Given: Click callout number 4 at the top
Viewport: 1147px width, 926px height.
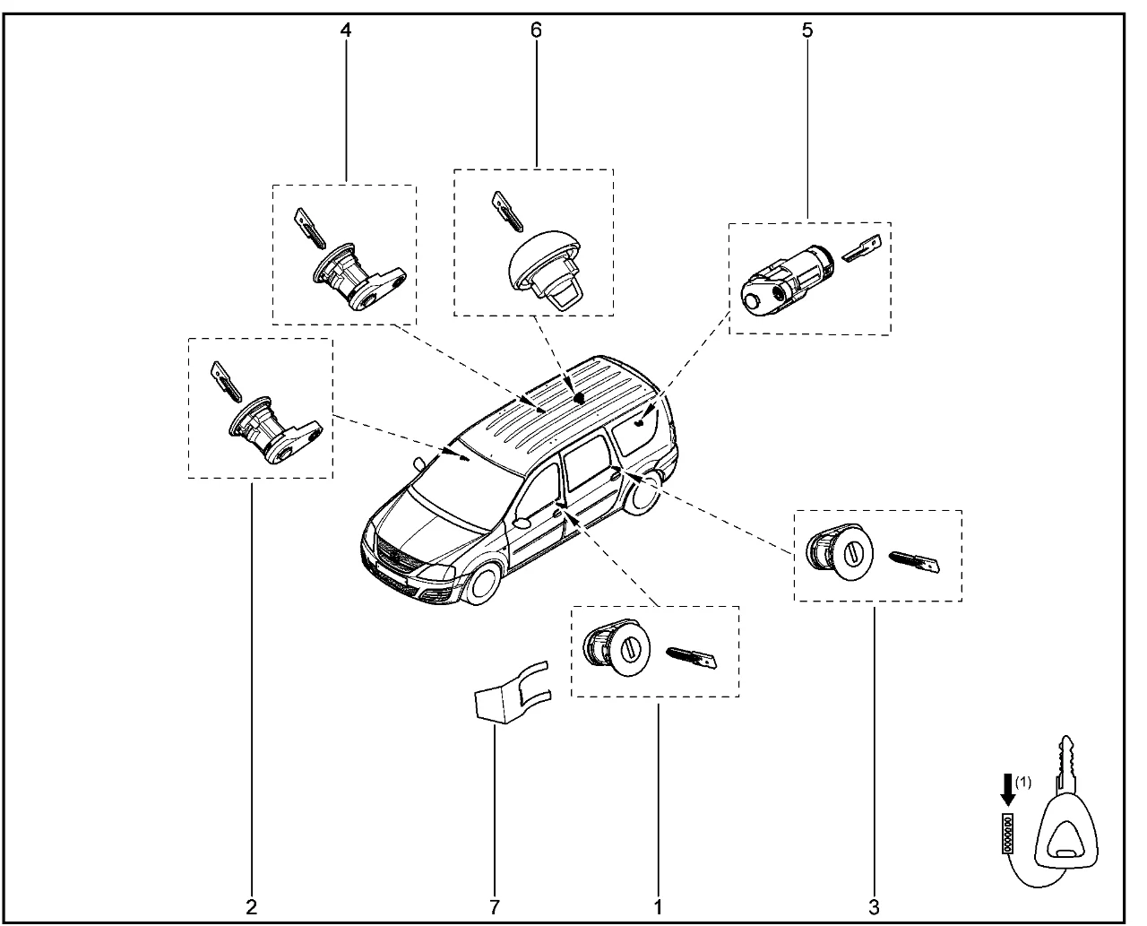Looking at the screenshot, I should click(346, 30).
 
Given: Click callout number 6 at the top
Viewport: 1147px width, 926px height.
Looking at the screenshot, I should click(536, 30).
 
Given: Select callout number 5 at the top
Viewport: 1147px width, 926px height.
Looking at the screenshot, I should click(807, 30).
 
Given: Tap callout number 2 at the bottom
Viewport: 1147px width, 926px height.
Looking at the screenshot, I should click(252, 905).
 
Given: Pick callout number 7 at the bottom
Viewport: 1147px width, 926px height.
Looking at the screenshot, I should click(494, 905).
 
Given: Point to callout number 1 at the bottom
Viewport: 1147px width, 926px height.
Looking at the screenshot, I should click(658, 905).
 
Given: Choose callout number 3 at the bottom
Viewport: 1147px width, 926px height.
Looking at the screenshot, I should click(874, 905).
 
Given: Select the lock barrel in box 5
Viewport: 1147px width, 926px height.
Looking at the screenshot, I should click(785, 278).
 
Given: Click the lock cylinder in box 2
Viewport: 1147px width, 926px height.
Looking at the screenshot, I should click(269, 431).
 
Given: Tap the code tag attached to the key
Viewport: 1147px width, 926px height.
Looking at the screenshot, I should click(1008, 833).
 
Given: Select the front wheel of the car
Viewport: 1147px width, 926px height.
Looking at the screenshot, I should click(482, 583).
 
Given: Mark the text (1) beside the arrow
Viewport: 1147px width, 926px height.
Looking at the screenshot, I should click(1023, 782).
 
